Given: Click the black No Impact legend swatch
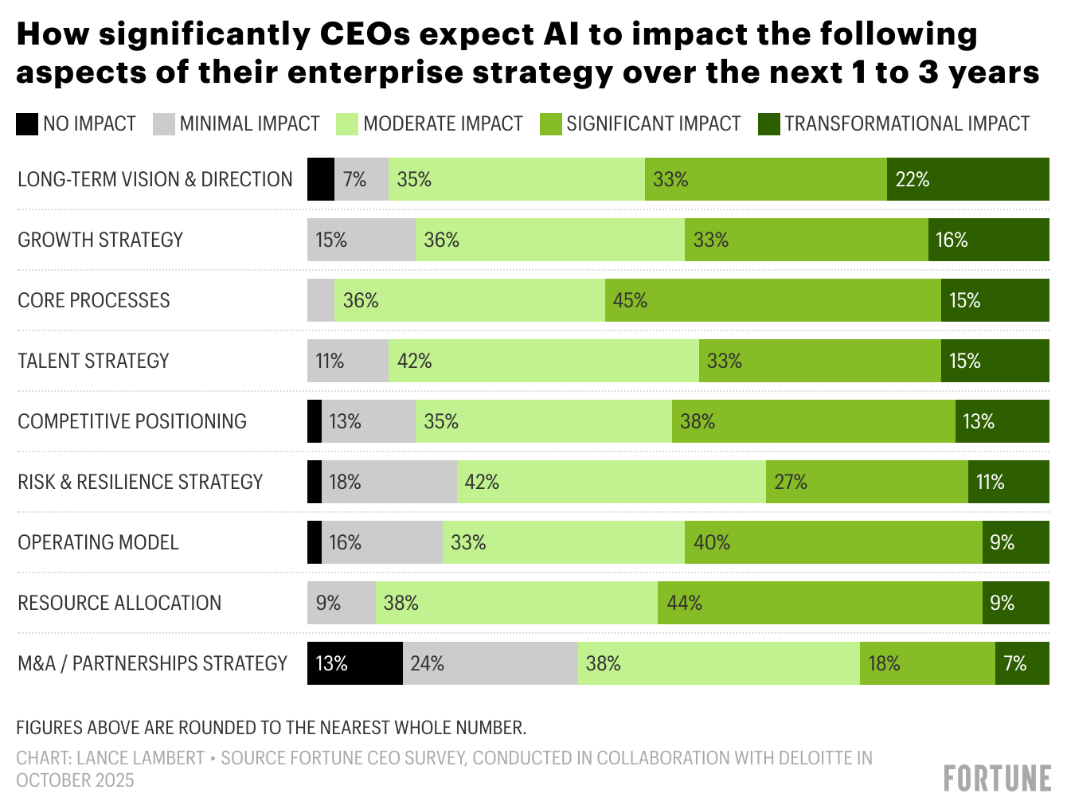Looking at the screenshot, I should (27, 124).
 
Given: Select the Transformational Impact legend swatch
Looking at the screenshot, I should (769, 124).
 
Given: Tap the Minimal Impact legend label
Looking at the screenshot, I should (249, 124).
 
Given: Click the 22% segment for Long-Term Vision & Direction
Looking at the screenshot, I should (967, 179).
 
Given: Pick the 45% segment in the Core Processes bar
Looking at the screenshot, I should (772, 300).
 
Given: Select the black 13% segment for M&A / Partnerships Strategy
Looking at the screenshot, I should (354, 663).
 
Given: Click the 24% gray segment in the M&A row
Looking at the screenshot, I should (490, 663).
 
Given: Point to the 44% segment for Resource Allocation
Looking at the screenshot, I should (819, 603).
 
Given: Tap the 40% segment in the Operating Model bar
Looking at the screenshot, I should (833, 542).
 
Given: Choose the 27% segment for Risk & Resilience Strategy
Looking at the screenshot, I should (866, 482).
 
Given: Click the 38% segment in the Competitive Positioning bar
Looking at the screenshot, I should (813, 421).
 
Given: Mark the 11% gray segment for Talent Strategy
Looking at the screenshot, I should (347, 361).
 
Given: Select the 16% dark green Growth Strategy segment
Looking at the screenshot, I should (988, 240).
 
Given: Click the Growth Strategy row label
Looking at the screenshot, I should (100, 240).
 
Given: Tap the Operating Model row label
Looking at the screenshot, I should (98, 542).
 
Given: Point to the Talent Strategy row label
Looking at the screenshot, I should (93, 361).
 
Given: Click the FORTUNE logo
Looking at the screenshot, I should (997, 779).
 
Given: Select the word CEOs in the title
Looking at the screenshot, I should (364, 34).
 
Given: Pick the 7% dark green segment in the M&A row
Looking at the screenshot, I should (1022, 663).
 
